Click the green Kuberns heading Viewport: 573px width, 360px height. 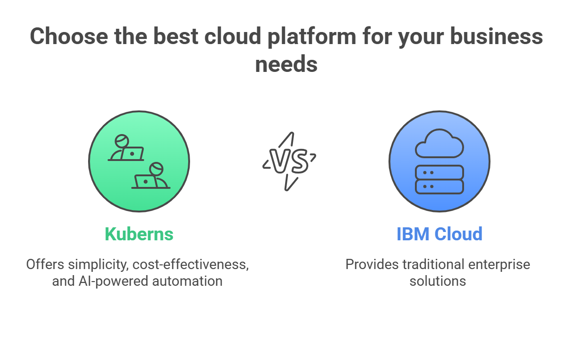[x=139, y=234]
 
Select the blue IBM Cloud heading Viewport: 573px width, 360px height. [x=439, y=234]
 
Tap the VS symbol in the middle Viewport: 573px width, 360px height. [x=289, y=161]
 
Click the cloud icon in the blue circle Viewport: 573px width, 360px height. [x=439, y=143]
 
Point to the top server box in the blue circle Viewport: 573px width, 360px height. [x=439, y=172]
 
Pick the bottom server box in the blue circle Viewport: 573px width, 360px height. [x=439, y=186]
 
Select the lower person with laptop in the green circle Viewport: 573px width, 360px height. [x=151, y=176]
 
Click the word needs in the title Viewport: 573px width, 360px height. [x=286, y=64]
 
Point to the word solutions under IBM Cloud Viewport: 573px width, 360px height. [x=438, y=281]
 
